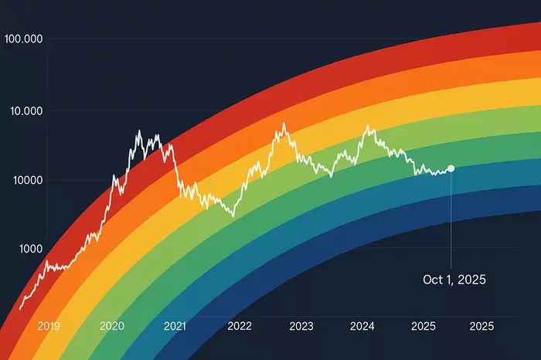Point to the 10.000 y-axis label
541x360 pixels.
(26, 110)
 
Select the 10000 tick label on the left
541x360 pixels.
(26, 180)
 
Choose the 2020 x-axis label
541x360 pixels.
(114, 326)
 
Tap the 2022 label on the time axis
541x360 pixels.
(239, 326)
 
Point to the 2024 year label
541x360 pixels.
(362, 326)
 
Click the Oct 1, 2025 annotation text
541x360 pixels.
(454, 280)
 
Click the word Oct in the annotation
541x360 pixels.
(433, 280)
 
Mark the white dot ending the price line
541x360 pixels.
(451, 168)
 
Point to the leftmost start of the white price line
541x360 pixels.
(20, 309)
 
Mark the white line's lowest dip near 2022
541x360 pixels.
(233, 216)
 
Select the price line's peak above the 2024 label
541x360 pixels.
(368, 127)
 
